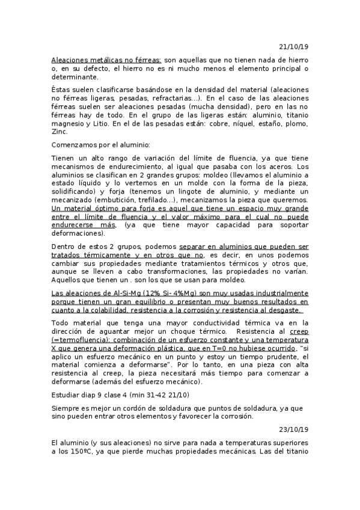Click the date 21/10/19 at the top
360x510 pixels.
pos(294,46)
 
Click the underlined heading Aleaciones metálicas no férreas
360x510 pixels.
pos(106,60)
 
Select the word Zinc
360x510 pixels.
pos(59,131)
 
